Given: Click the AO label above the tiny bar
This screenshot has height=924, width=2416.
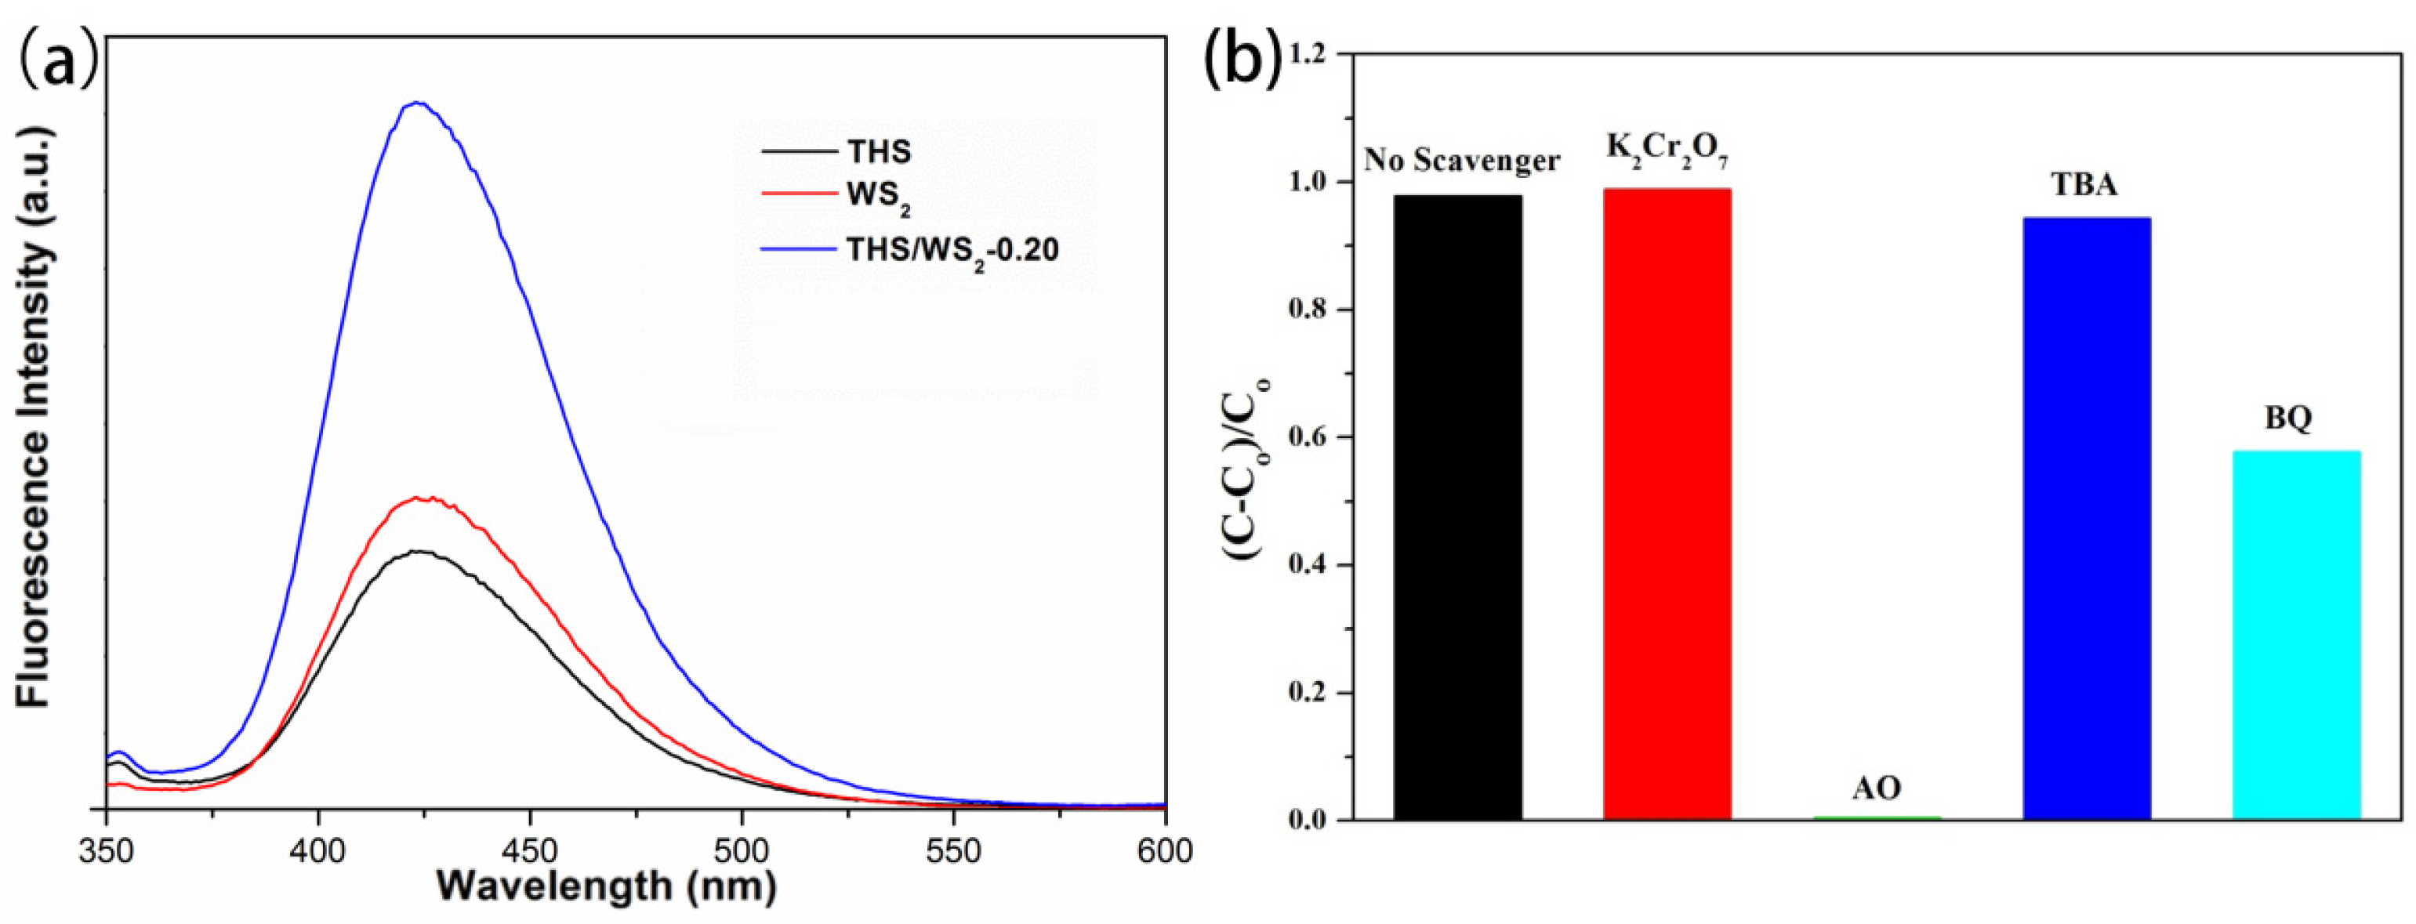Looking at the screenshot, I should coord(1876,787).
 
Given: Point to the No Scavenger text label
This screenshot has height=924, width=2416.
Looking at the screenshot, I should coord(1461,161).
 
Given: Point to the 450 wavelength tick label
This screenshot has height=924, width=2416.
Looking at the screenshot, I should coord(530,852).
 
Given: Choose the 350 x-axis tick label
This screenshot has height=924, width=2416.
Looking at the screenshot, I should coord(106,852).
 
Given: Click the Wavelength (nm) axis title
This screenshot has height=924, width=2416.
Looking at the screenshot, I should coord(607,886).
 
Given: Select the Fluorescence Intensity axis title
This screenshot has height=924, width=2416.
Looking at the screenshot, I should coord(33,418).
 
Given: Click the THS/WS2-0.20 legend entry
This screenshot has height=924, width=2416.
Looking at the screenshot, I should coord(952,249).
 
